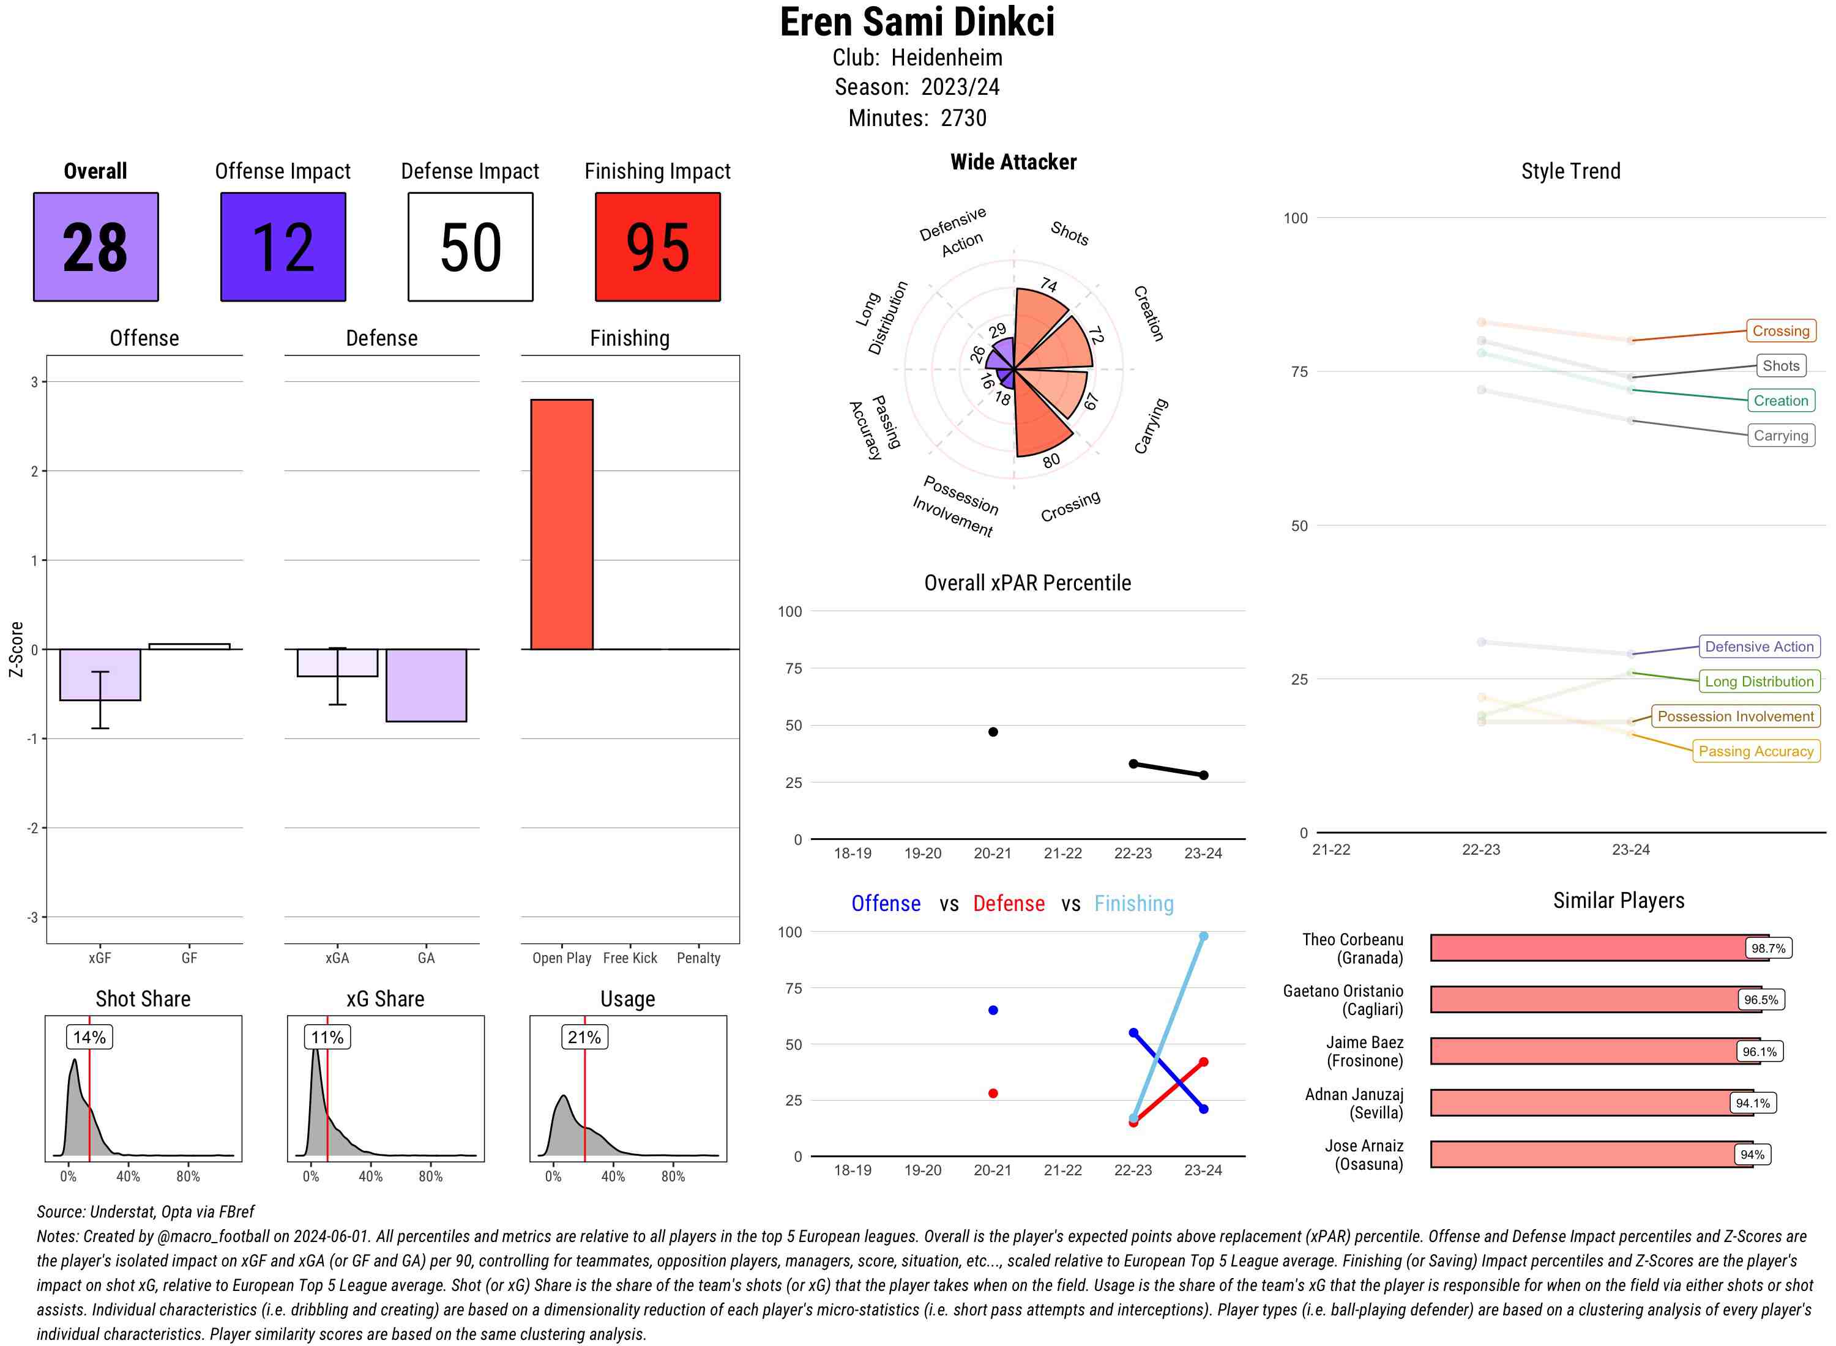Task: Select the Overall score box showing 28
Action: [x=95, y=247]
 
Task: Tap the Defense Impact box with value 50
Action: [x=470, y=247]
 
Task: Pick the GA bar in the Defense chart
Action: [x=426, y=685]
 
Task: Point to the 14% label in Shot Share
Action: [x=89, y=1037]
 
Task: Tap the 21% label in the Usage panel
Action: [x=584, y=1037]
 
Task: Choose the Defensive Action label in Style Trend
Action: [x=1759, y=647]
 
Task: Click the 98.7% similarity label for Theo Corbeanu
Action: [x=1767, y=948]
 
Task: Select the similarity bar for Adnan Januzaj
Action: [x=1581, y=1103]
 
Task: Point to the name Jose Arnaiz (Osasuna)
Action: [x=1364, y=1155]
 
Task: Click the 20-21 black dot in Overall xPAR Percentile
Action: [x=993, y=732]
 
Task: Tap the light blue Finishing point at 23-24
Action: [x=1204, y=936]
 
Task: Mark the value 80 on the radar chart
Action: [x=1051, y=460]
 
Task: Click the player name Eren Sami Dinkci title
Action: [x=917, y=22]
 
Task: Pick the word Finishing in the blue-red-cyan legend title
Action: [x=1133, y=904]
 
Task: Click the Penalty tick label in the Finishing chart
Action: [x=698, y=958]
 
